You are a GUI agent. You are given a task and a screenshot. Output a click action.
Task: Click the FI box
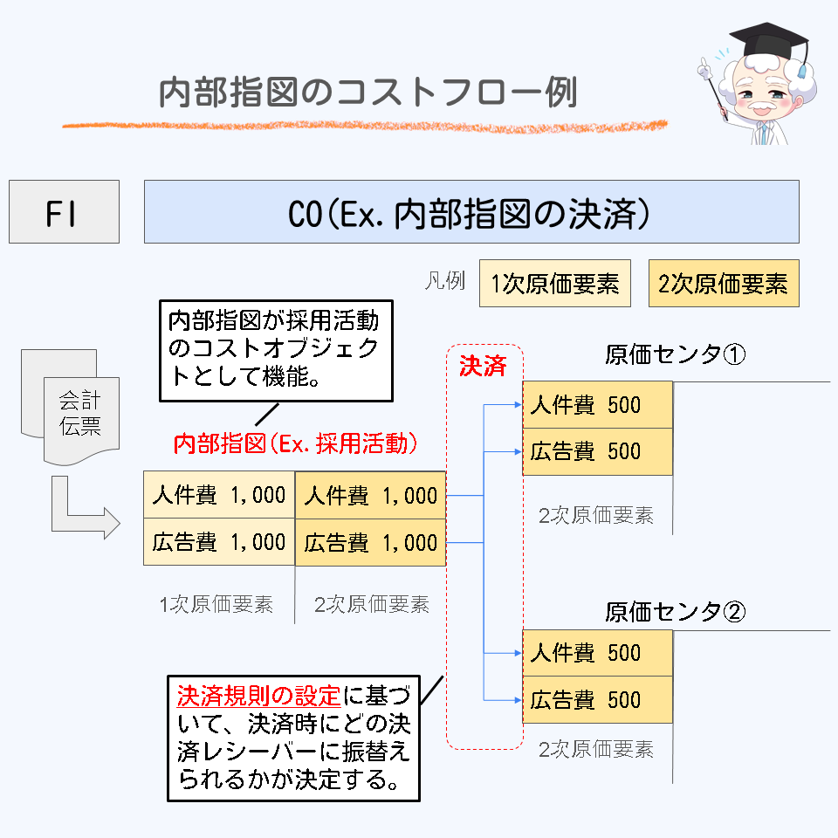click(x=64, y=212)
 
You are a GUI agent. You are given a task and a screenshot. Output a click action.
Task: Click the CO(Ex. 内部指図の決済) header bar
click(x=471, y=212)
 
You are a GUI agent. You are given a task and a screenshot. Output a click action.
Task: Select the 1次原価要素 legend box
click(x=554, y=284)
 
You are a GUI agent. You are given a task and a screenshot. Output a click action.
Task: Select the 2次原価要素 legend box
click(x=723, y=284)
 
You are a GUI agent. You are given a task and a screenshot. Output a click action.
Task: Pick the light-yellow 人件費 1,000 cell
click(x=219, y=495)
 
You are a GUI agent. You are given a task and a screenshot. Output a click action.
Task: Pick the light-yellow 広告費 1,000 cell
click(x=219, y=542)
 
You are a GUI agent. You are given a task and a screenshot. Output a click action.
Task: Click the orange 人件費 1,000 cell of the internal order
click(x=371, y=496)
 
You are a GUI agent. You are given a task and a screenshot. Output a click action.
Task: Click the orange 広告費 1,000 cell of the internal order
click(x=371, y=543)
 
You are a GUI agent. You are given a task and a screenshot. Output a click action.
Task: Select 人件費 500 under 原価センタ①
click(x=597, y=405)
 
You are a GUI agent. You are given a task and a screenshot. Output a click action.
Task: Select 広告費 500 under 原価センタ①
click(x=597, y=451)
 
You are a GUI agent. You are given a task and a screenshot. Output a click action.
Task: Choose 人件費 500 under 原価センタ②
click(x=597, y=653)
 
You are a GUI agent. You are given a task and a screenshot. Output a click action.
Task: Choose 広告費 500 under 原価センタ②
click(x=597, y=700)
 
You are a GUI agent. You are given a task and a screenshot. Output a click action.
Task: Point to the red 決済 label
click(x=483, y=365)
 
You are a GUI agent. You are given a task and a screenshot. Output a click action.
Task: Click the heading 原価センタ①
click(x=674, y=355)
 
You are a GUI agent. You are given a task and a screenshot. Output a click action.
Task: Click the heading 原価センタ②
click(x=674, y=612)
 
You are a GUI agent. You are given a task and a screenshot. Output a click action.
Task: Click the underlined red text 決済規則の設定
click(x=258, y=696)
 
